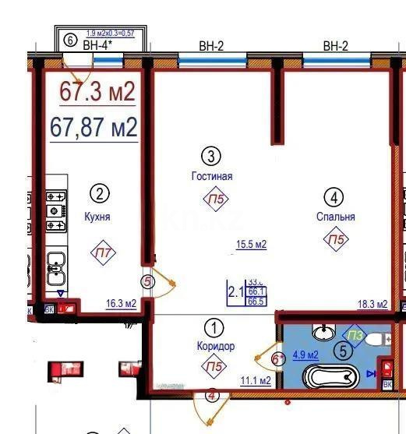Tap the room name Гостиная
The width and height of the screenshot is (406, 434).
pyautogui.click(x=212, y=176)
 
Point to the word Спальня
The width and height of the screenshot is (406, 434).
pyautogui.click(x=336, y=217)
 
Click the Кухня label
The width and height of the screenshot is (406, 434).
pyautogui.click(x=97, y=217)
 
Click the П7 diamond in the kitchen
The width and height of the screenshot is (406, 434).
pyautogui.click(x=101, y=251)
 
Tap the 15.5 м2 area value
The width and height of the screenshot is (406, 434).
pyautogui.click(x=251, y=245)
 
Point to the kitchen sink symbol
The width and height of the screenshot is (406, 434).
pyautogui.click(x=56, y=270)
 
